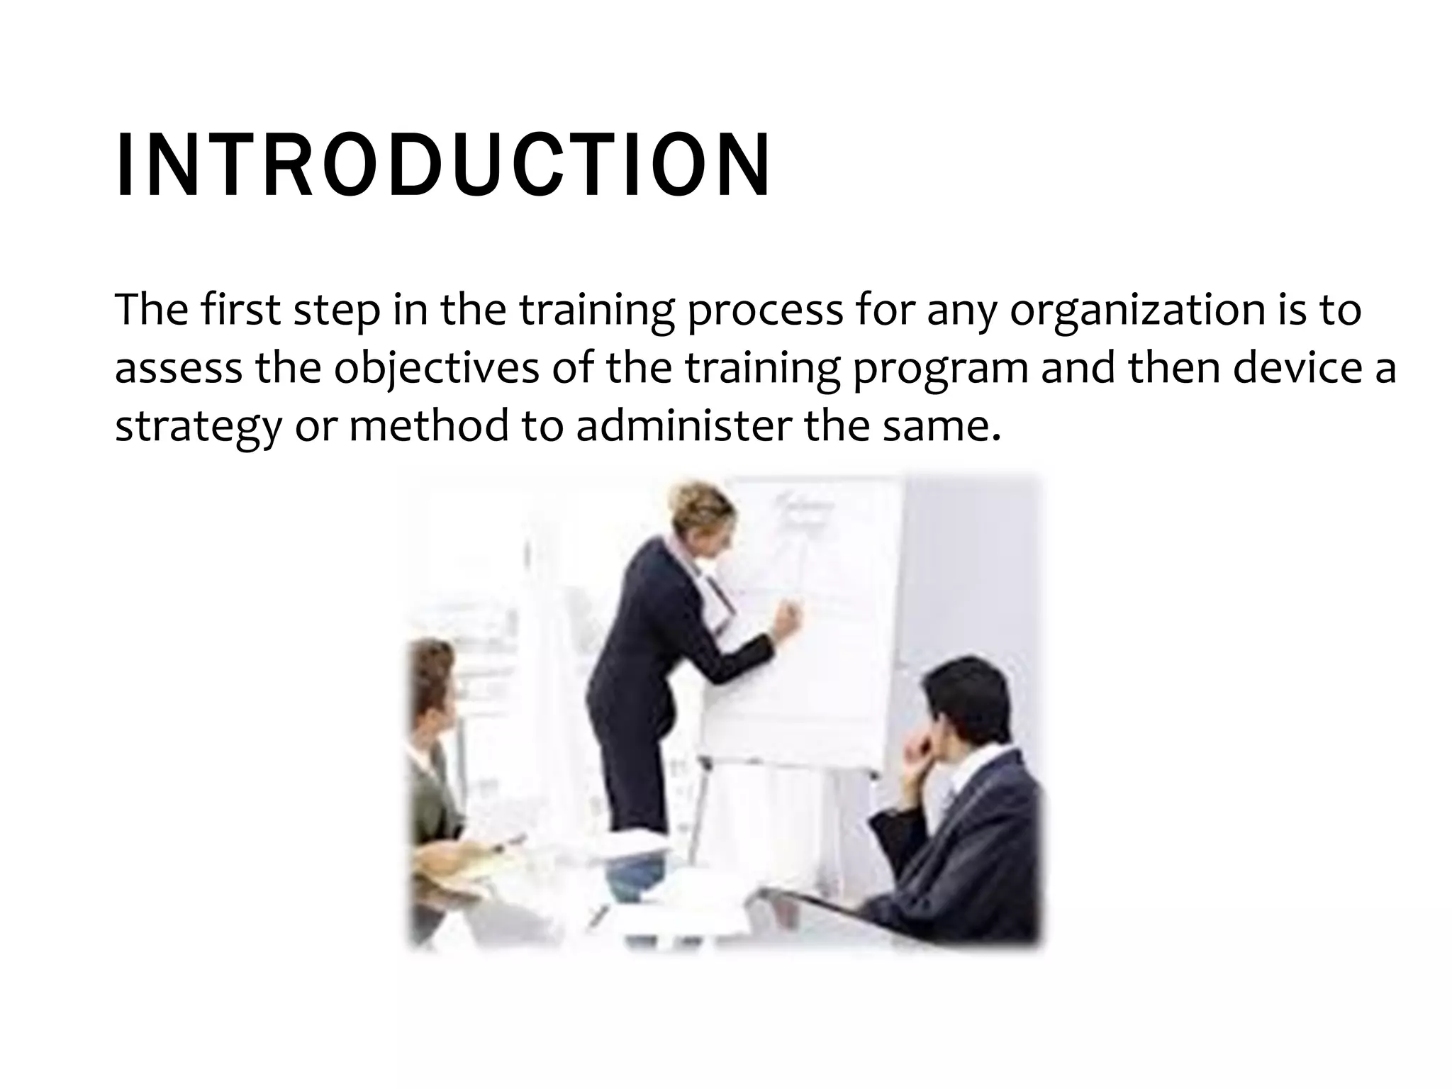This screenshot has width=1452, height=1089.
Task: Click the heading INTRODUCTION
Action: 443,165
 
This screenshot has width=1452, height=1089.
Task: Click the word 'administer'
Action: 683,427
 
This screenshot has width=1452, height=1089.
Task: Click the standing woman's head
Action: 702,514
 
